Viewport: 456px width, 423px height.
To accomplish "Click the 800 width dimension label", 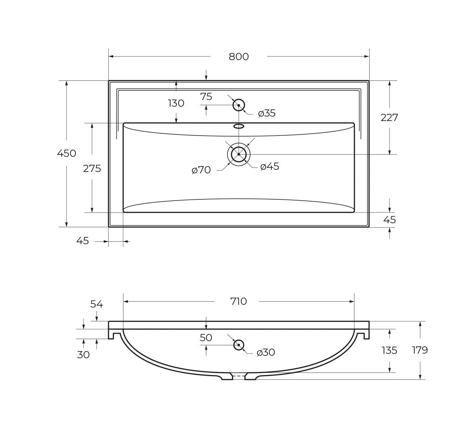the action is pos(239,56).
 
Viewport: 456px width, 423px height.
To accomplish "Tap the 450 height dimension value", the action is pos(66,153).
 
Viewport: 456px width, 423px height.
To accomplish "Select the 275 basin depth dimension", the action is pos(92,168).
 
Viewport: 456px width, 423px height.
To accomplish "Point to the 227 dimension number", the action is pos(389,118).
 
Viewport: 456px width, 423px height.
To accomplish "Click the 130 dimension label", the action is pos(176,103).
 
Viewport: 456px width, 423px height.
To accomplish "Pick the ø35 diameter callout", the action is pos(267,113).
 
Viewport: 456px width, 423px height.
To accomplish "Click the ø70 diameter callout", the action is pos(201,170).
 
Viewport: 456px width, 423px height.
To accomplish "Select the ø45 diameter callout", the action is pos(270,166).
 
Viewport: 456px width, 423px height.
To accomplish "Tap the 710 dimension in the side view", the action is pos(239,301).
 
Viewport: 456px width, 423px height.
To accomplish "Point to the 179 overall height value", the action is pos(420,350).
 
